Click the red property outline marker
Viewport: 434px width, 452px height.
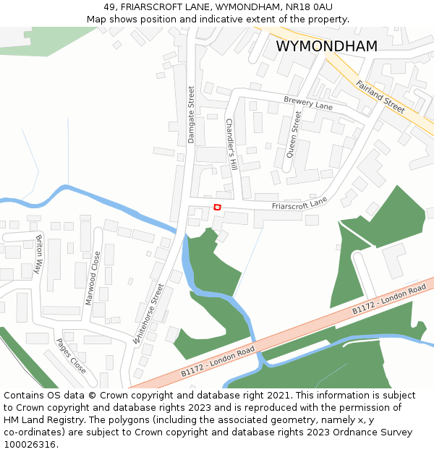tap(217, 208)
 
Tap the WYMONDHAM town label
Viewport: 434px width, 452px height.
tap(326, 46)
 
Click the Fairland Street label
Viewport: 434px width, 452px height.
tap(380, 96)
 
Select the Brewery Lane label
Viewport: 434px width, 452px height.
tap(308, 103)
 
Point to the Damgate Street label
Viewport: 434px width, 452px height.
tap(192, 115)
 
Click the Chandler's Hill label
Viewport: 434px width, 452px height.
tap(231, 145)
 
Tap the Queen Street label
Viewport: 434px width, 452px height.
tap(294, 134)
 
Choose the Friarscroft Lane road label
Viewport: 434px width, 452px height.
tap(299, 203)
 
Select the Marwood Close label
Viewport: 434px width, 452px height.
tap(93, 278)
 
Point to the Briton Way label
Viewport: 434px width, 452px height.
tap(39, 255)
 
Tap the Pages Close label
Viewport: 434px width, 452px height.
tap(72, 357)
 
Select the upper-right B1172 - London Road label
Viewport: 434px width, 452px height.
tap(389, 299)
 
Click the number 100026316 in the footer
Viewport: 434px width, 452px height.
tap(29, 444)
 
